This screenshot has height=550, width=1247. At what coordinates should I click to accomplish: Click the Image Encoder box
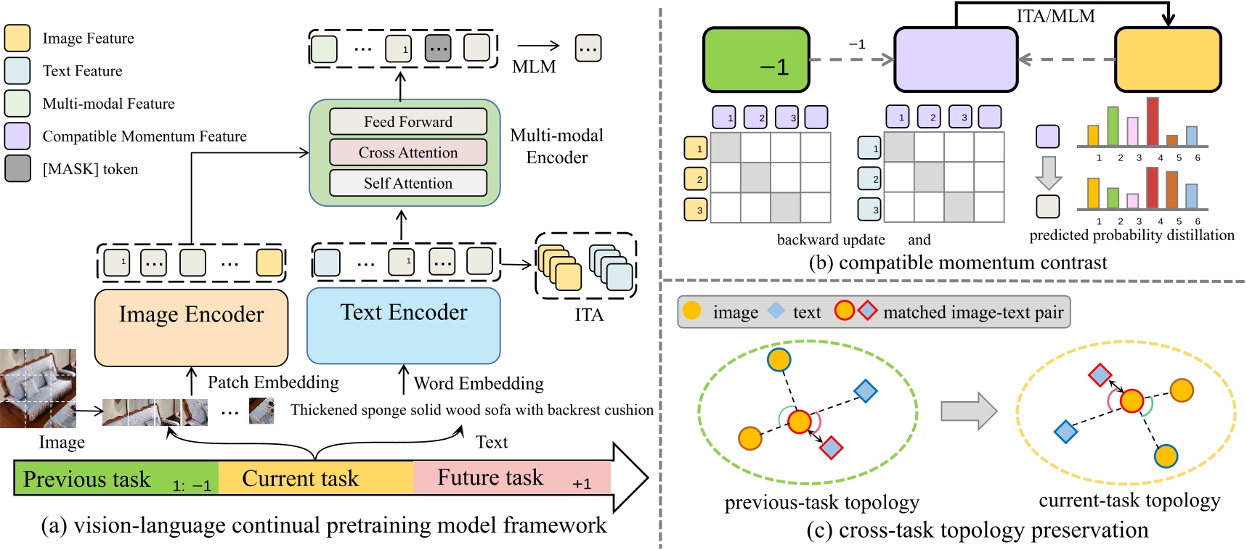[191, 327]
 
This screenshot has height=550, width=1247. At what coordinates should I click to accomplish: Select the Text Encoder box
[404, 326]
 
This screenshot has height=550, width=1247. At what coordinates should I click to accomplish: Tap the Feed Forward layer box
[408, 122]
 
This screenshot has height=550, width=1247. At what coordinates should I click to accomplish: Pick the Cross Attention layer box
[408, 152]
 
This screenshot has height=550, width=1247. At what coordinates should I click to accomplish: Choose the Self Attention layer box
[408, 183]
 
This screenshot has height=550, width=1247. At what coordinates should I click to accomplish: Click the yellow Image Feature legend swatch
[17, 38]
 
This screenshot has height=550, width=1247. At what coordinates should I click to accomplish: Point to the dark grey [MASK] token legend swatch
[17, 168]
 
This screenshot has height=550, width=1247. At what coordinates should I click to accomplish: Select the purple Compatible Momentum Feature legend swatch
[17, 136]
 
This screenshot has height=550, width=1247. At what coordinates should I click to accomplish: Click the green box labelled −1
[756, 59]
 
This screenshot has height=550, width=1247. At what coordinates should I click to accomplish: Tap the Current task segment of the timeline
[315, 478]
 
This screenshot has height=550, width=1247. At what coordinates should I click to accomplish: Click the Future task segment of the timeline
[511, 478]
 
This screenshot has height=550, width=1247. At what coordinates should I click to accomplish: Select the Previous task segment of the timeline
[116, 479]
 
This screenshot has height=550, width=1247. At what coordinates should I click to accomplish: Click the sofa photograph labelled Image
[38, 388]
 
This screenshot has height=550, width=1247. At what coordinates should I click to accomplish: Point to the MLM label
[534, 67]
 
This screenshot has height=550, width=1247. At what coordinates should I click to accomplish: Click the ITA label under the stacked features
[588, 315]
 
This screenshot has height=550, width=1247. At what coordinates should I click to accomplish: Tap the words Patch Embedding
[273, 382]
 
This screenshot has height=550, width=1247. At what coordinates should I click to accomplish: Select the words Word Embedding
[479, 383]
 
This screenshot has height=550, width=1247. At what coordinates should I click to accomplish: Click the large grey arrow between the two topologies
[969, 411]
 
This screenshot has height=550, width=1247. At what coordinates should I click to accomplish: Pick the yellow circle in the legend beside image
[692, 311]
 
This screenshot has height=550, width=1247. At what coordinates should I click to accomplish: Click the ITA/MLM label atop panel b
[1055, 16]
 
